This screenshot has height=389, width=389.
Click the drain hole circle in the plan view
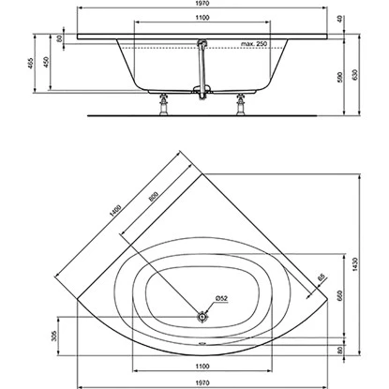tap(202, 316)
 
